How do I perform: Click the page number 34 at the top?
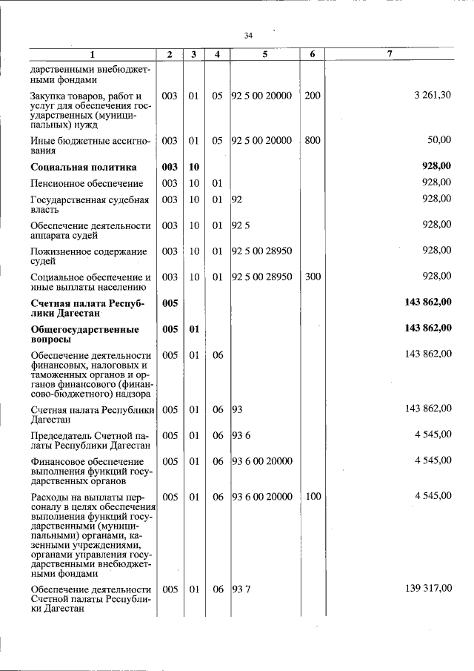248,36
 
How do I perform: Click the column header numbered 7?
390,54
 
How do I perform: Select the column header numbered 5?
264,54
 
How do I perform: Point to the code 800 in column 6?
313,139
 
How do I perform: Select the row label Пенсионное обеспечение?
76,182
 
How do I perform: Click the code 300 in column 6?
313,277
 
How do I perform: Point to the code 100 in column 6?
313,496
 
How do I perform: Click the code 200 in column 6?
313,96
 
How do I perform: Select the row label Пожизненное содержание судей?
88,256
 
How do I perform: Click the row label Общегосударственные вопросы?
84,333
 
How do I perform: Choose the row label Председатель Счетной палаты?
90,439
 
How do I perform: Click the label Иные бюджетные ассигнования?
90,144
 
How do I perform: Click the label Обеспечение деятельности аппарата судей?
90,230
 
